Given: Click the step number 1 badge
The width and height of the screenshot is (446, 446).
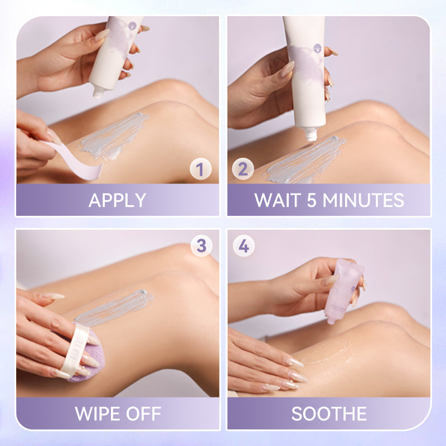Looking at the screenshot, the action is [x=201, y=169].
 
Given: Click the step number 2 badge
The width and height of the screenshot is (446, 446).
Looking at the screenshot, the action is [x=243, y=169].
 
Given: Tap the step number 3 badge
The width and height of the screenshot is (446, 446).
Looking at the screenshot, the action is [x=201, y=246].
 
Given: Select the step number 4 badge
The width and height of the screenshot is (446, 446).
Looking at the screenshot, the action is [x=244, y=246].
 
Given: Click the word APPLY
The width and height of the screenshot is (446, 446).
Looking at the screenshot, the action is [x=118, y=200].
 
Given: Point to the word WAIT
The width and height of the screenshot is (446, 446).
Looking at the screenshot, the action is [x=278, y=200].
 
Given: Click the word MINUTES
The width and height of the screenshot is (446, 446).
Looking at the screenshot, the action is [x=363, y=200].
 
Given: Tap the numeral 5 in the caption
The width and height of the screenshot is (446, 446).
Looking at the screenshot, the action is [x=312, y=200].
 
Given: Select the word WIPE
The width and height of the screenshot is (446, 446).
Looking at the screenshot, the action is [x=98, y=414].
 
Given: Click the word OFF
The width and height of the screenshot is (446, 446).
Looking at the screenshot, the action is [x=144, y=414].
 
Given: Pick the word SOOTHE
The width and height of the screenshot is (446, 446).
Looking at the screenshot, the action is [x=329, y=414].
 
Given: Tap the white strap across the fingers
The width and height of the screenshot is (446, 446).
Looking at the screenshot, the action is [x=72, y=351].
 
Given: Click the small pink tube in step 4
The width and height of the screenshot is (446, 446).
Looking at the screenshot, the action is [x=343, y=290].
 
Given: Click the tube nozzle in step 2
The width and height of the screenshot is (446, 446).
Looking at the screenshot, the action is [x=311, y=134].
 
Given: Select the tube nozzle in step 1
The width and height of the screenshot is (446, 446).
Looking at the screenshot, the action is [x=99, y=93].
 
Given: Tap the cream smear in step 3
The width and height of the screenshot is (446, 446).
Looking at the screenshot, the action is [x=114, y=309].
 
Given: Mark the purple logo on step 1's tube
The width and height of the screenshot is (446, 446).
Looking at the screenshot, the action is [x=132, y=26].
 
